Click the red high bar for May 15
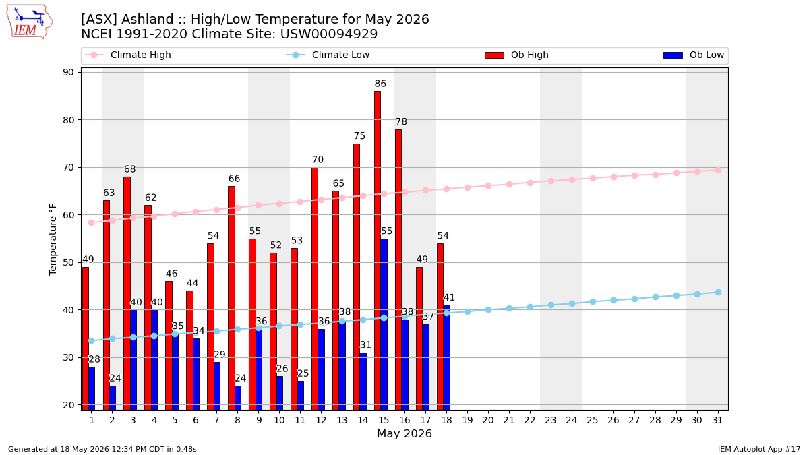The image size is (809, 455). point(378,251)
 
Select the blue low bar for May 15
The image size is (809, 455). point(384,324)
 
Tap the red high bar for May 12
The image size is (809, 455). point(315,289)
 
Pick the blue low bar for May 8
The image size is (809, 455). point(238,398)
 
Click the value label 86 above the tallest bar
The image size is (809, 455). point(380,84)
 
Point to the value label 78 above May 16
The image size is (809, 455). point(401,122)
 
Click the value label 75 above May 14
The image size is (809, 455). point(359,135)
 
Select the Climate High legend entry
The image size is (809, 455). point(128,55)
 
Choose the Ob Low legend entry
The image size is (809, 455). point(694,55)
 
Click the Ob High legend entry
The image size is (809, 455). point(517,55)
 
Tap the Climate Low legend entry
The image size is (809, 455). point(328,55)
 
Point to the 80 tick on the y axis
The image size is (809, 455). point(68,120)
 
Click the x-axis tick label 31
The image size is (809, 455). point(717,421)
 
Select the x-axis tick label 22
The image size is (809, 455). point(530,421)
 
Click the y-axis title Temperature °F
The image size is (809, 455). point(53,239)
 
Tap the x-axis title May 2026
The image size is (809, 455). point(404,433)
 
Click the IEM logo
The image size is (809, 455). point(30,22)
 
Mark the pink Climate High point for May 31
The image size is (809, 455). point(718,170)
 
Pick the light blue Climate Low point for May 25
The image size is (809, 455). point(593,301)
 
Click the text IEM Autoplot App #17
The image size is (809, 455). point(759,449)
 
